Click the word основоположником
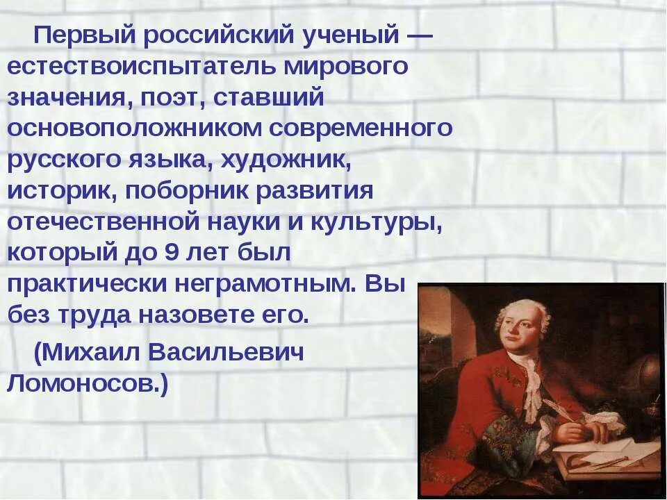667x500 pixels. [x=133, y=128]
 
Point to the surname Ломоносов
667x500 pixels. [x=88, y=383]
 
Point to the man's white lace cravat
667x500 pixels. [x=531, y=382]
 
